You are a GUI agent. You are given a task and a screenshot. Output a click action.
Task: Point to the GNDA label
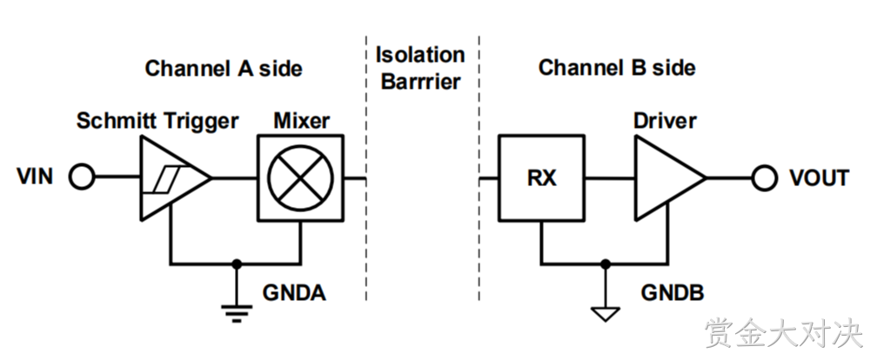[x=294, y=293]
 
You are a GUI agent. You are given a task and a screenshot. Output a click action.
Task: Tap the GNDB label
[x=673, y=292]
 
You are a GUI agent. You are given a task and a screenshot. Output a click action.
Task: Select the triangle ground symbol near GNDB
[x=605, y=314]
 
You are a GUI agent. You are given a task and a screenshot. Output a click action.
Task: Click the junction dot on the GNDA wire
[x=237, y=263]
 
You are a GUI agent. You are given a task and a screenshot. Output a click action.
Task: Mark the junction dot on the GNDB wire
[x=605, y=263]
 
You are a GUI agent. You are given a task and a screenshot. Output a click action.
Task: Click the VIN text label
[x=35, y=177]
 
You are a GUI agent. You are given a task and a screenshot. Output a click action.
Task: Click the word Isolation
[x=420, y=55]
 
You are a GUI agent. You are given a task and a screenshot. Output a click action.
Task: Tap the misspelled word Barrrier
[x=420, y=82]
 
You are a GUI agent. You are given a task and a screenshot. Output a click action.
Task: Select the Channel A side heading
[x=224, y=68]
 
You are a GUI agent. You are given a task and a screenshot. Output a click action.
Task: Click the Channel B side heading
[x=617, y=68]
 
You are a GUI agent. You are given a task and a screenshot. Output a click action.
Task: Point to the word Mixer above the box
[x=301, y=121]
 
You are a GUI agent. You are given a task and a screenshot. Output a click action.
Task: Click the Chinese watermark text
[x=784, y=333]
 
